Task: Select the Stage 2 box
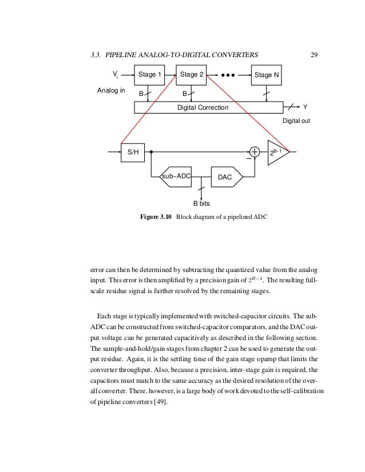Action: [192, 74]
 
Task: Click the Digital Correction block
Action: [208, 107]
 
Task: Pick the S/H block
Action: [132, 153]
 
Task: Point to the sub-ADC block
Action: [175, 177]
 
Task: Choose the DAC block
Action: [225, 178]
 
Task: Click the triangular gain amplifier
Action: [277, 153]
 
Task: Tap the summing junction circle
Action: [255, 152]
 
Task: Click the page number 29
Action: [314, 55]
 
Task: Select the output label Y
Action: [305, 107]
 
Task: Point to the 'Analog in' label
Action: [111, 90]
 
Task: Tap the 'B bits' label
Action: [202, 203]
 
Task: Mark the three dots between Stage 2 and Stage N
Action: [228, 74]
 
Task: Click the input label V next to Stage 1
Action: [115, 74]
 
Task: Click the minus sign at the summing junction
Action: [249, 159]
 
